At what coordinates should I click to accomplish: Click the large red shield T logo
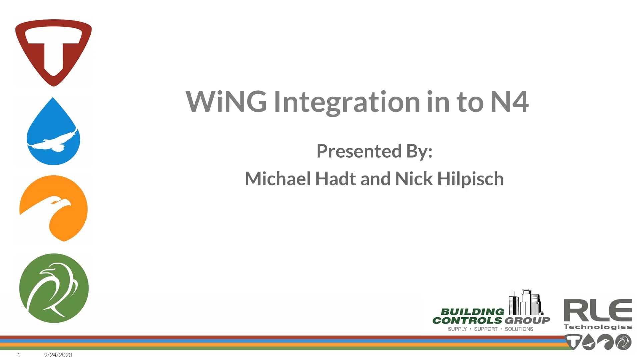pyautogui.click(x=53, y=52)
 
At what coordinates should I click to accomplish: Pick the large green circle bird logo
pyautogui.click(x=54, y=288)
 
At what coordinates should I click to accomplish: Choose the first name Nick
pyautogui.click(x=414, y=179)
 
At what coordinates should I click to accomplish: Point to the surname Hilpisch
pyautogui.click(x=470, y=179)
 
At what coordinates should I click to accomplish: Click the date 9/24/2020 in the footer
pyautogui.click(x=58, y=355)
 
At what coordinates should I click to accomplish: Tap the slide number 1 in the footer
pyautogui.click(x=19, y=355)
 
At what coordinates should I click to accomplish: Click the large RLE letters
pyautogui.click(x=598, y=310)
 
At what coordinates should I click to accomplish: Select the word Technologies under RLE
pyautogui.click(x=598, y=327)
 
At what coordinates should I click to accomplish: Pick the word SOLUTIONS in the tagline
pyautogui.click(x=519, y=329)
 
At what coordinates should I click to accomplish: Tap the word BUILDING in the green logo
pyautogui.click(x=472, y=312)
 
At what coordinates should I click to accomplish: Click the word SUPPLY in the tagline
pyautogui.click(x=457, y=329)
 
